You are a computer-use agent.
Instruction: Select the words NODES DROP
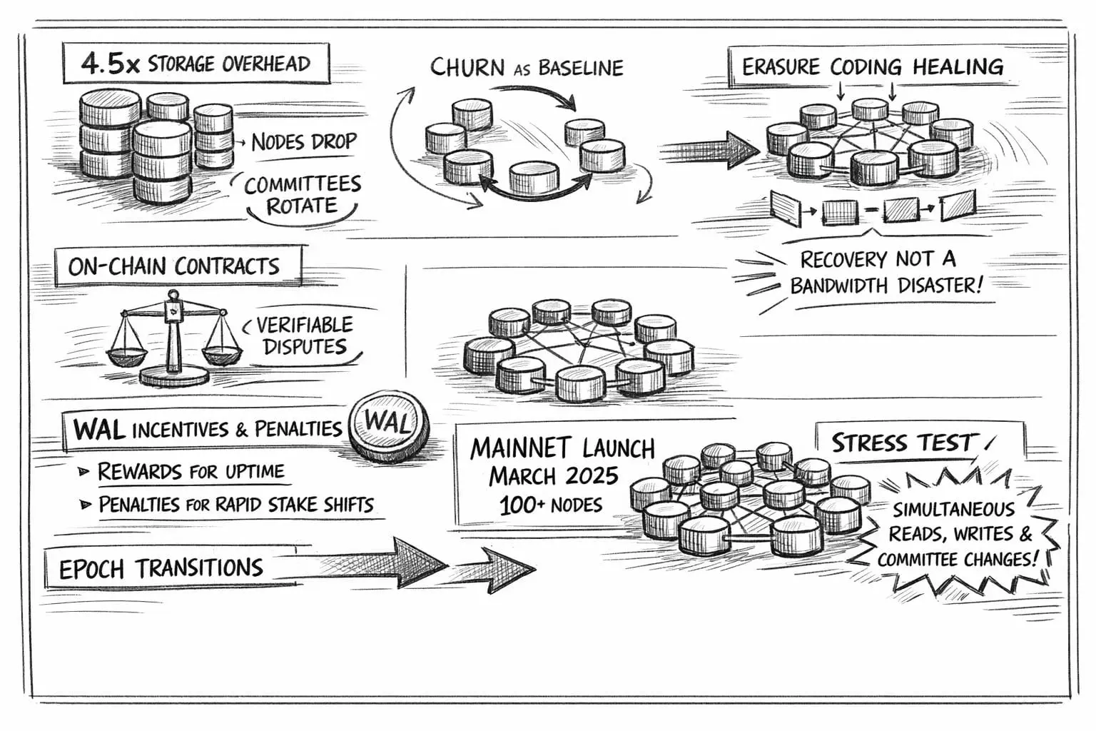pyautogui.click(x=303, y=141)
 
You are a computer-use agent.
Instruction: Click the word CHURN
pyautogui.click(x=467, y=68)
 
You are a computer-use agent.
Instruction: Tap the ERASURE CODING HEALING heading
pyautogui.click(x=872, y=67)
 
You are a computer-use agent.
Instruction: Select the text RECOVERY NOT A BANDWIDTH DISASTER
pyautogui.click(x=886, y=273)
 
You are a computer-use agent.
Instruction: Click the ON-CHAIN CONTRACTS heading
pyautogui.click(x=174, y=266)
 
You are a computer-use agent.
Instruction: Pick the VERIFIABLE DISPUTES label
pyautogui.click(x=305, y=336)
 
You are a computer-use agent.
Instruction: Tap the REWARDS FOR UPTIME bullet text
pyautogui.click(x=191, y=471)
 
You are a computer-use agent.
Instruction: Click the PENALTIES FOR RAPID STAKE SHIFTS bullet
pyautogui.click(x=235, y=505)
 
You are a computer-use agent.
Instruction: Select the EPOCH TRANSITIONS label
pyautogui.click(x=161, y=569)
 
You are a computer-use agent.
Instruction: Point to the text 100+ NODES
pyautogui.click(x=551, y=505)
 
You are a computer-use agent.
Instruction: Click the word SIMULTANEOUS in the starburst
pyautogui.click(x=953, y=510)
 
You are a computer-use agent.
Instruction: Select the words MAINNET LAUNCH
pyautogui.click(x=562, y=448)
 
